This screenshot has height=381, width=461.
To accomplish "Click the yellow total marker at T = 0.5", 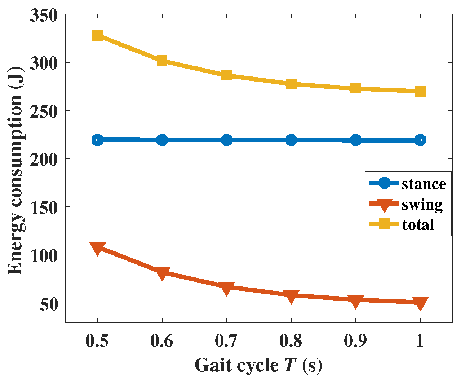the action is [97, 35].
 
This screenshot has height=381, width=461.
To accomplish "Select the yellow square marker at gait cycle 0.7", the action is [226, 75].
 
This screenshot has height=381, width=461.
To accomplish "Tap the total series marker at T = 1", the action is [420, 91].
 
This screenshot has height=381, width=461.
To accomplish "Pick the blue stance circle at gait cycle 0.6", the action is [162, 140].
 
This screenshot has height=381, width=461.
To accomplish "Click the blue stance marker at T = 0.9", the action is [356, 140].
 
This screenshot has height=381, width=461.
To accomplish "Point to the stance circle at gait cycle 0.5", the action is [97, 140].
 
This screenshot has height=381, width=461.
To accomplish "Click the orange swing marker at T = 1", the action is [420, 303].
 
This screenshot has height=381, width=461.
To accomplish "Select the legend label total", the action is [418, 224].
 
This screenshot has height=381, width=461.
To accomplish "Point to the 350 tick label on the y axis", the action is [44, 16].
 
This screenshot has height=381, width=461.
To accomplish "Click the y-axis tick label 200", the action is [44, 160].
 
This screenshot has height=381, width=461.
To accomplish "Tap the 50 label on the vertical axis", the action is [49, 304].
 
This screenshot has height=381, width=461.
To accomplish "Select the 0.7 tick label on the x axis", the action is [226, 341].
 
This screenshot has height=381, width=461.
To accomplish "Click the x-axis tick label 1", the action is [420, 340].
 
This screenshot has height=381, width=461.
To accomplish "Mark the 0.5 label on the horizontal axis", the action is [97, 341].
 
